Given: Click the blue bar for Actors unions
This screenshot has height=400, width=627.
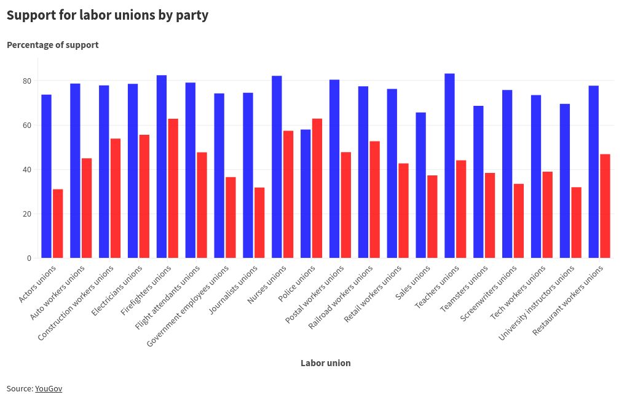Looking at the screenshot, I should point(46,176).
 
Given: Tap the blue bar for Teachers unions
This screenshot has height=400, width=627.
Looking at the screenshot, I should point(449,166).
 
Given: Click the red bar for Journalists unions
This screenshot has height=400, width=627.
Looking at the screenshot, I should point(259,223).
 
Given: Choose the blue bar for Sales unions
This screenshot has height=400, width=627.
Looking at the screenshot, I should point(420,185).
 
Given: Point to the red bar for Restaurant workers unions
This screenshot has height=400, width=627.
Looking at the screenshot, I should point(605,206).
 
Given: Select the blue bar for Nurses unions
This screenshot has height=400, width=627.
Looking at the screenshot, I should point(277,167).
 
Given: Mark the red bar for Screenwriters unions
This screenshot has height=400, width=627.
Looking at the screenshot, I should point(519,221).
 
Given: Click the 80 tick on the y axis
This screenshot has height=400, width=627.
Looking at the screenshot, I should point(27,81).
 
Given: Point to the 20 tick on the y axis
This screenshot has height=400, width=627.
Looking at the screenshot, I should point(27,214).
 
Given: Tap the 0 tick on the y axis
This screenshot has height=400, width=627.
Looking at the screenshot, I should point(29,258).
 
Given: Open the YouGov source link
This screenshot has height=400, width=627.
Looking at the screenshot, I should point(49,388).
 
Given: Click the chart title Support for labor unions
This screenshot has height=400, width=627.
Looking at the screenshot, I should point(108,15).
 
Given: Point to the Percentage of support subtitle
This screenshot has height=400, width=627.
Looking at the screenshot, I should point(52,45).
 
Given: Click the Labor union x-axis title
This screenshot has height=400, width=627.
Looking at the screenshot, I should point(325,363).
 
